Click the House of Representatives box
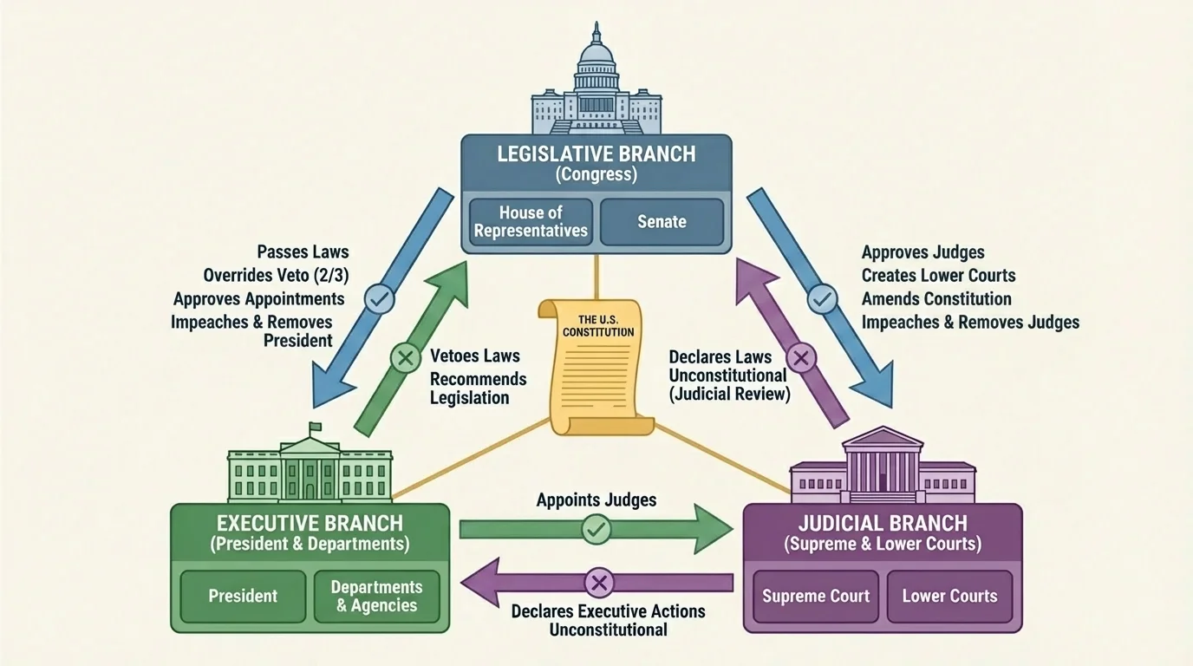[x=531, y=221]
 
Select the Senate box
[x=662, y=221]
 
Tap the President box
[x=243, y=596]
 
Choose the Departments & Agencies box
[x=376, y=596]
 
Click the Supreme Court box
[x=816, y=596]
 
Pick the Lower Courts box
[x=949, y=596]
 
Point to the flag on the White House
[x=315, y=427]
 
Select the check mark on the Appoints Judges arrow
[x=596, y=528]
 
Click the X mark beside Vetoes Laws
[x=405, y=356]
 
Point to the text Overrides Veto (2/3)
[x=276, y=275]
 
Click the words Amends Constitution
[x=936, y=298]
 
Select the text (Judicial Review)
[x=729, y=395]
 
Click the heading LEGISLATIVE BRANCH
[x=596, y=154]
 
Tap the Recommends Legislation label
[x=478, y=388]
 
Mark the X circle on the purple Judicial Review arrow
[x=801, y=356]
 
